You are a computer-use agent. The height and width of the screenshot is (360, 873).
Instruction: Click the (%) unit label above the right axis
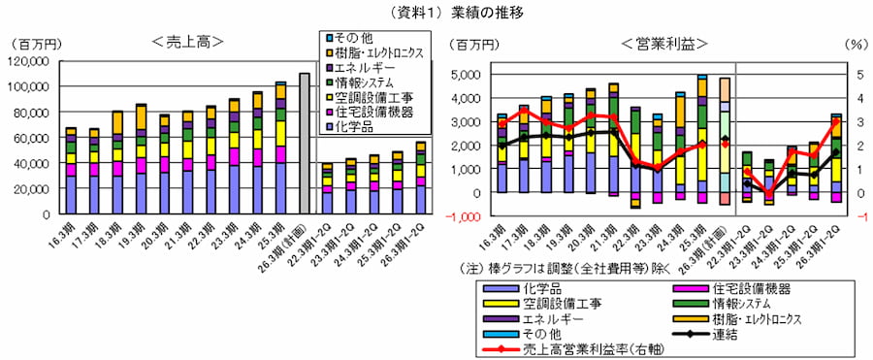[x=855, y=44]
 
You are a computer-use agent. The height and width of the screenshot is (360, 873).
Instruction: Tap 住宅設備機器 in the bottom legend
[x=737, y=288]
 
